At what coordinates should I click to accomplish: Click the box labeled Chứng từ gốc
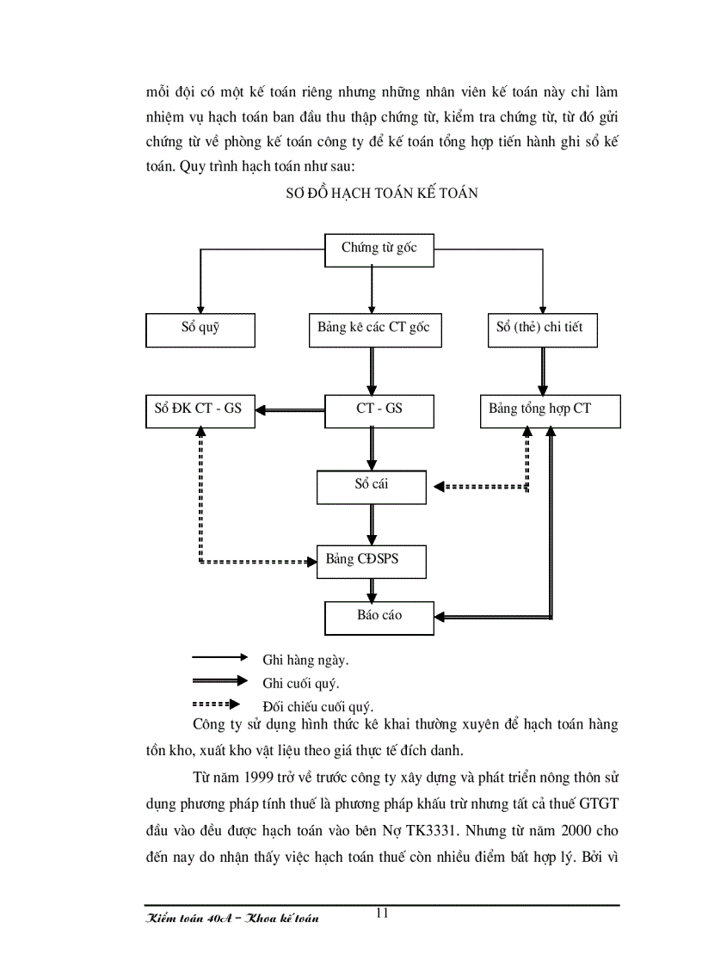click(379, 249)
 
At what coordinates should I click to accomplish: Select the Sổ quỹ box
click(200, 328)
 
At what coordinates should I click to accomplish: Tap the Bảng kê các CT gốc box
click(373, 328)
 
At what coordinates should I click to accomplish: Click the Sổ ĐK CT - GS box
click(200, 409)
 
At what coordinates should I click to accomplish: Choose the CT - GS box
click(379, 409)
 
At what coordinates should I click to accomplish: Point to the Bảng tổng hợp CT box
click(549, 409)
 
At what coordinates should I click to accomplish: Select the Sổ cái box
click(372, 486)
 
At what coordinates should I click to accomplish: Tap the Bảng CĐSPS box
click(372, 561)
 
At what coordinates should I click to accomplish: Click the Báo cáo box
click(379, 616)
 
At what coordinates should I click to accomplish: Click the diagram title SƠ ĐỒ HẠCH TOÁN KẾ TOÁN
click(381, 194)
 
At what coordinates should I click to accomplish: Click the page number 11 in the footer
click(382, 914)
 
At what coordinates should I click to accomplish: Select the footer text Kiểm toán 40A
click(181, 919)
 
